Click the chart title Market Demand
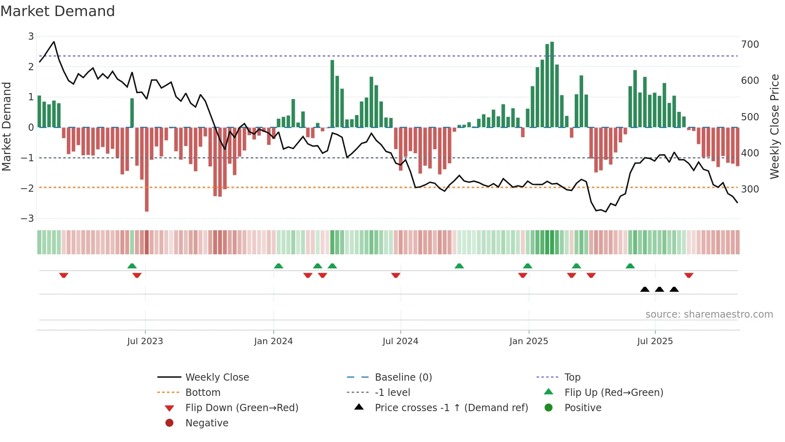[58, 11]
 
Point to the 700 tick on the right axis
[750, 44]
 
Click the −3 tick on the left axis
[28, 219]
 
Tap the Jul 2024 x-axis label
[400, 341]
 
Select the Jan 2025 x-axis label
[529, 341]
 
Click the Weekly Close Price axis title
[775, 126]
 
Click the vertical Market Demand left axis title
[6, 126]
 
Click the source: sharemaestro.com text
[709, 314]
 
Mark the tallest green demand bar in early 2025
[552, 84]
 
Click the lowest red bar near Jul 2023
[147, 169]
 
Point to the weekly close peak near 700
[54, 42]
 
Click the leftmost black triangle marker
[645, 289]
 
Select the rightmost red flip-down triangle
[689, 275]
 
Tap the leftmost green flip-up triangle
[132, 266]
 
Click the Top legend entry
[572, 377]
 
